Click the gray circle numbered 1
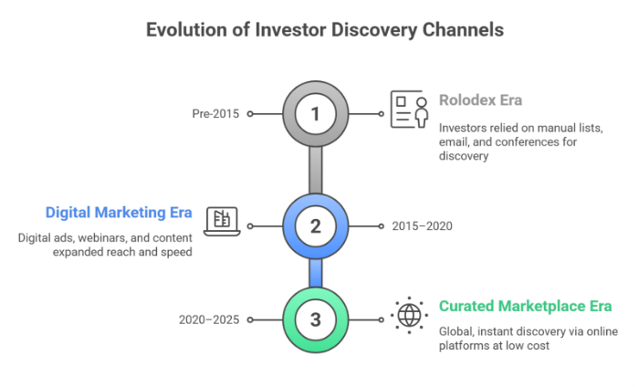(x=316, y=115)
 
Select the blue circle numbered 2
(x=316, y=225)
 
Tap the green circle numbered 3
(x=316, y=319)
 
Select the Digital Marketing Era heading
(x=119, y=212)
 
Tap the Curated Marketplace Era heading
(x=525, y=306)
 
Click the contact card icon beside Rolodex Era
(x=409, y=110)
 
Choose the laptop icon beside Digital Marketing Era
(x=222, y=220)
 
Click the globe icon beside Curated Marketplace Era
(x=407, y=316)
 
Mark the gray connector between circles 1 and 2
(x=316, y=170)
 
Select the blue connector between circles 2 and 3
(x=316, y=272)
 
